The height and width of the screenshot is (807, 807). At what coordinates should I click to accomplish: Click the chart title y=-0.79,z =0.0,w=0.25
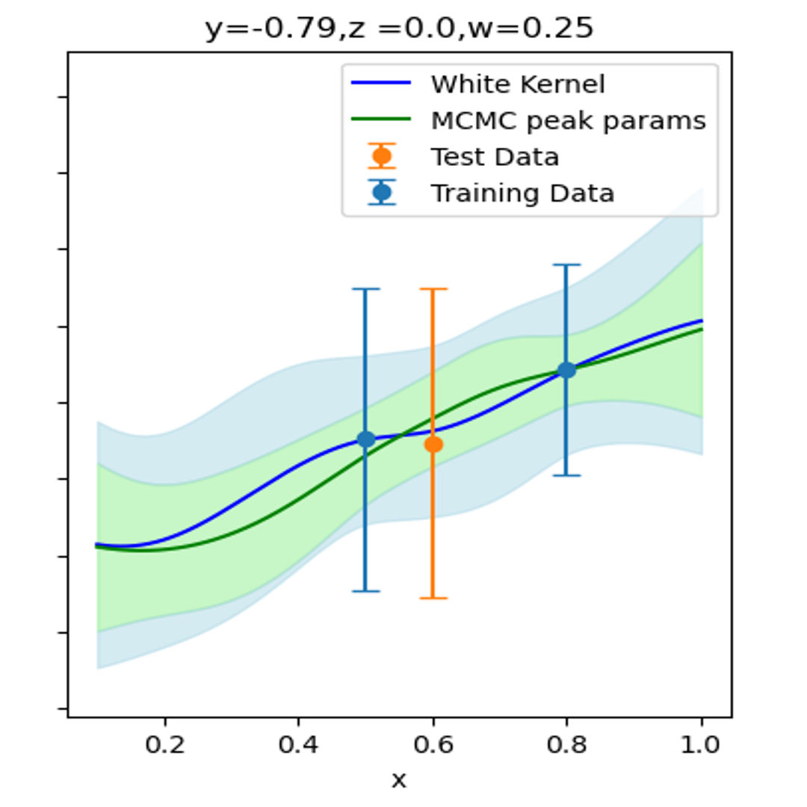pyautogui.click(x=399, y=28)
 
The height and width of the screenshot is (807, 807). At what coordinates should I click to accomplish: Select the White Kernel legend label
pyautogui.click(x=517, y=84)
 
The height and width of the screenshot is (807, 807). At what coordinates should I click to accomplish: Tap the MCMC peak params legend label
pyautogui.click(x=568, y=120)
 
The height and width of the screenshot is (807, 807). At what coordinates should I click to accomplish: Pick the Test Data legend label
pyautogui.click(x=494, y=157)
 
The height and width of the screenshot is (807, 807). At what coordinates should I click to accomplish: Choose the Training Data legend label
pyautogui.click(x=522, y=194)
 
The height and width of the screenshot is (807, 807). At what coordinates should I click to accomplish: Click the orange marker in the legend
pyautogui.click(x=382, y=157)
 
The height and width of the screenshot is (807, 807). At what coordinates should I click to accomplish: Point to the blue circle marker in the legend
pyautogui.click(x=382, y=194)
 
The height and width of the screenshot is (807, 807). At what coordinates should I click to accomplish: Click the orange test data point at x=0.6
pyautogui.click(x=433, y=444)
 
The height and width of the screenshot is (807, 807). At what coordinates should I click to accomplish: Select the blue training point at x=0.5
pyautogui.click(x=365, y=439)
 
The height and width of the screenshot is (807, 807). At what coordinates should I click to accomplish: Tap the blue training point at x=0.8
pyautogui.click(x=566, y=369)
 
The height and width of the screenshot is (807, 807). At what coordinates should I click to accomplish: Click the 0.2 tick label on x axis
pyautogui.click(x=164, y=745)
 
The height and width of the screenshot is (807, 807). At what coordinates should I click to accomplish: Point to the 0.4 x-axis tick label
pyautogui.click(x=299, y=745)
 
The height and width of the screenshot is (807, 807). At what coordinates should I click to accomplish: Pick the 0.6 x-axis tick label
pyautogui.click(x=433, y=745)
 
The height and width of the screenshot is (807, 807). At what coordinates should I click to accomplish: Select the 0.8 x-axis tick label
pyautogui.click(x=566, y=745)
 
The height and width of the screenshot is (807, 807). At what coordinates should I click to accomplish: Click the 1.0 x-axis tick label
pyautogui.click(x=701, y=745)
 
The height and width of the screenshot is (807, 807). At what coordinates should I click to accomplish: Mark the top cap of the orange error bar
pyautogui.click(x=433, y=288)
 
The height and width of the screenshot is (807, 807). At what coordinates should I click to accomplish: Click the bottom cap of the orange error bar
pyautogui.click(x=433, y=598)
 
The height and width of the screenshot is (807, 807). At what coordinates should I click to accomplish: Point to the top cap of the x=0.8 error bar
pyautogui.click(x=566, y=265)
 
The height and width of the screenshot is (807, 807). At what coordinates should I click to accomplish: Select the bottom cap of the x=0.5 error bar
pyautogui.click(x=365, y=591)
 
